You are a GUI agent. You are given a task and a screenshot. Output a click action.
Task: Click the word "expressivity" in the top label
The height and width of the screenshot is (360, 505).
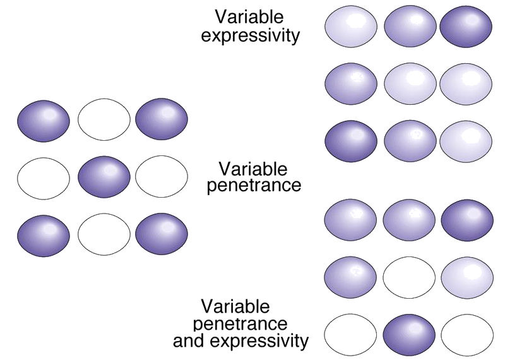251,35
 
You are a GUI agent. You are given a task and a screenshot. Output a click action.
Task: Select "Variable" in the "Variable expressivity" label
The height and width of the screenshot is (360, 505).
249,16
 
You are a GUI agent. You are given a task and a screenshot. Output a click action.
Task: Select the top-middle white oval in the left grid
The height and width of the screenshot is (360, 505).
104,120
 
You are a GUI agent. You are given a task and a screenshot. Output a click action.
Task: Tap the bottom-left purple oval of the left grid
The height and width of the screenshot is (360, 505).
44,234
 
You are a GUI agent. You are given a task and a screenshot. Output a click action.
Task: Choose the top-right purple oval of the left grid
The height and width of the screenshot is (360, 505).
162,120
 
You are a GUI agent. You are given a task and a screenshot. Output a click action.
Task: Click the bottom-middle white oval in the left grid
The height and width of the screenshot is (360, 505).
104,234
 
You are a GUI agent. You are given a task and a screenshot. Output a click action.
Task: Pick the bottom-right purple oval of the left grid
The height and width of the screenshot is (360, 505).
162,234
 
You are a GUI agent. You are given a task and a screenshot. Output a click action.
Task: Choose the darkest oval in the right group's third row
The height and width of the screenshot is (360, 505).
351,142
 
